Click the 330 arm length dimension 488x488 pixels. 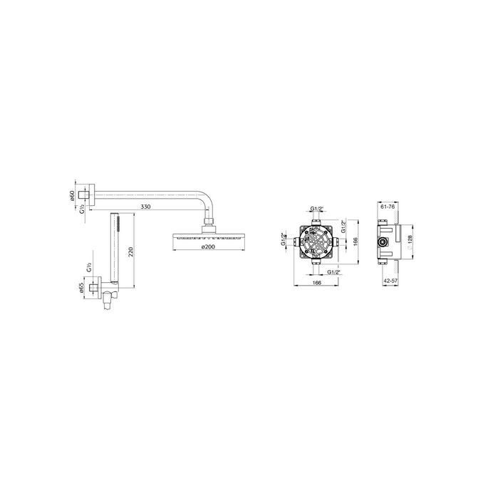145,207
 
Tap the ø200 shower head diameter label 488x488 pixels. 209,246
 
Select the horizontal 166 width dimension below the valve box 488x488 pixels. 316,284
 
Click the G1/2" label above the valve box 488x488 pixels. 318,209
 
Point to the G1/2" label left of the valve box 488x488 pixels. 284,240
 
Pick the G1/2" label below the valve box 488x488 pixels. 335,271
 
